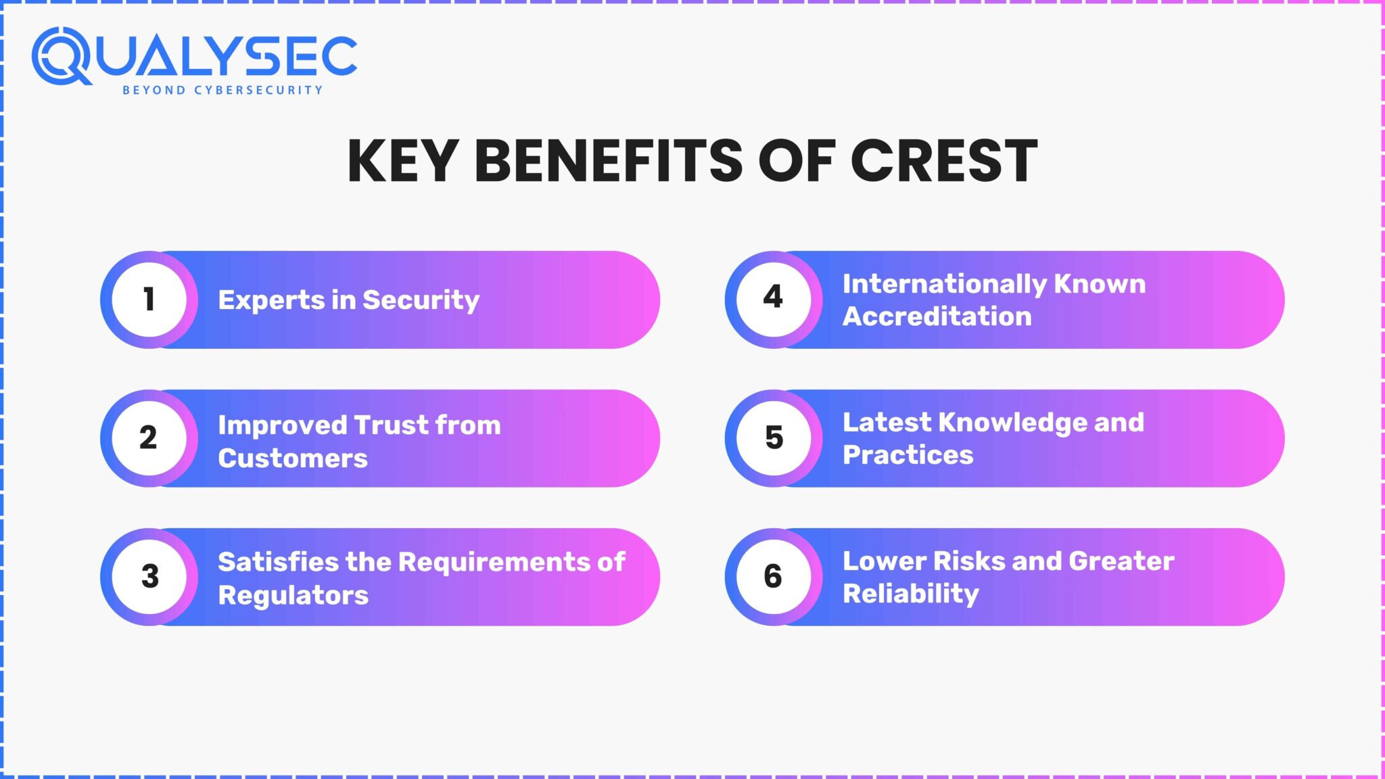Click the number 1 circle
click(x=149, y=300)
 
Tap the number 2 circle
click(x=149, y=438)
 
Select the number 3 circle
click(x=149, y=576)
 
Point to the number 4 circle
click(x=774, y=298)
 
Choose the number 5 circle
click(x=774, y=438)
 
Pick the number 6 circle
click(x=774, y=576)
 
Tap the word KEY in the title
click(x=402, y=161)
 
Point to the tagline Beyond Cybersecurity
click(x=222, y=90)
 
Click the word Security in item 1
click(x=421, y=300)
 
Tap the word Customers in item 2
click(x=293, y=458)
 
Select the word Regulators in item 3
click(x=293, y=595)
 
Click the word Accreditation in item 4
click(x=937, y=316)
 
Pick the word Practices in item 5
click(x=908, y=455)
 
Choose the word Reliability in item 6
click(x=910, y=594)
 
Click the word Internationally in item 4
click(x=943, y=284)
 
